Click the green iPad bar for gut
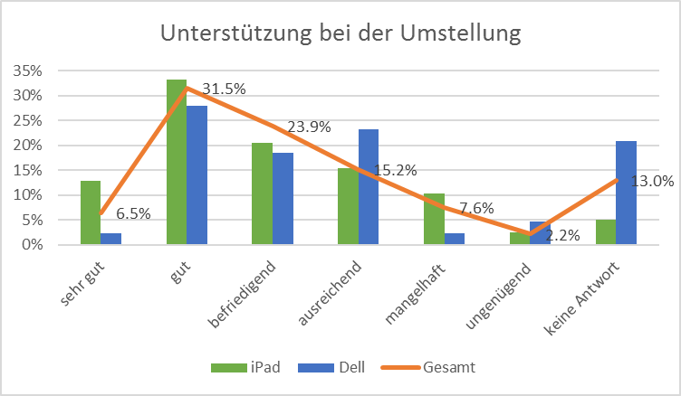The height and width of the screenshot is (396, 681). tap(176, 163)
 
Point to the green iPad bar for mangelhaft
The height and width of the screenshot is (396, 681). tap(434, 219)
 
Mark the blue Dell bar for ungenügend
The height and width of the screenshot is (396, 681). tap(540, 233)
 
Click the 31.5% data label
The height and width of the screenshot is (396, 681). tap(223, 88)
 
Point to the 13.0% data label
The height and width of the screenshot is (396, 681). tap(652, 181)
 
